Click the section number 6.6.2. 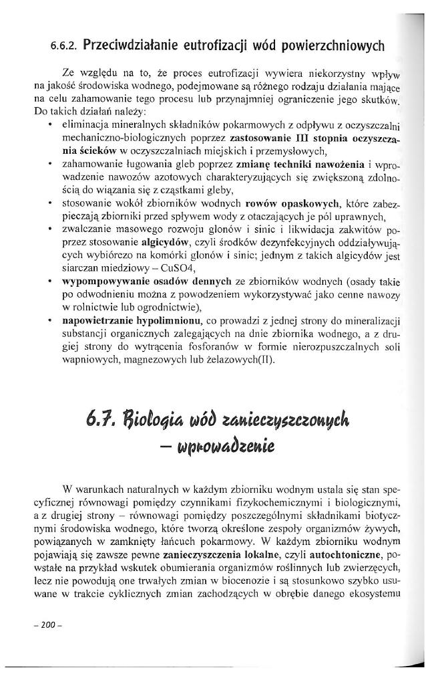(x=64, y=47)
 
